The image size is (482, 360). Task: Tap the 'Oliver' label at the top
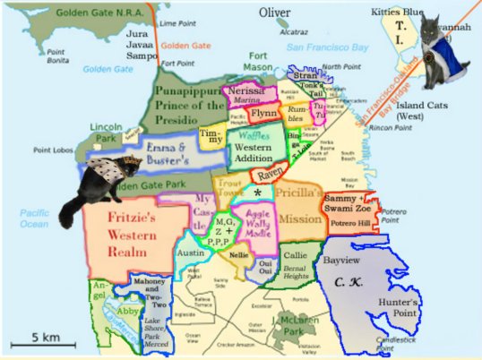coord(275,13)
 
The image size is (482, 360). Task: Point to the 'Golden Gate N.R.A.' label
coord(99,13)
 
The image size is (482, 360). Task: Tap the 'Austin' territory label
coord(190,253)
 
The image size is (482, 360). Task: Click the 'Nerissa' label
coord(245,92)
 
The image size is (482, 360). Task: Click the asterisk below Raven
coord(258,193)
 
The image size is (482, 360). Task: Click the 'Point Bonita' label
coord(59,55)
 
